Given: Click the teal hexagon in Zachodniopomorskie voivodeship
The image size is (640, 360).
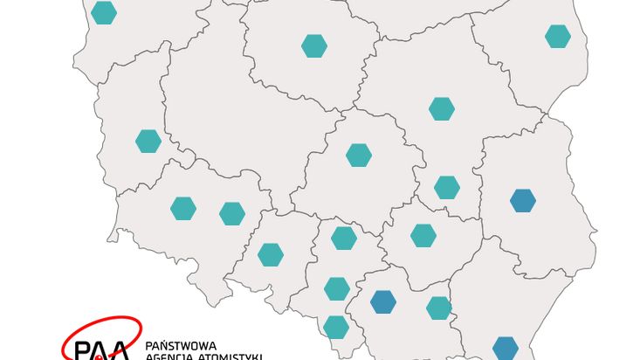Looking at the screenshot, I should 103,13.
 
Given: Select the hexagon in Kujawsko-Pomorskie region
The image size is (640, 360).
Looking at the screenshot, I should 314,45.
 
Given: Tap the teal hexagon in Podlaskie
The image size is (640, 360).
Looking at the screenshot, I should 557,37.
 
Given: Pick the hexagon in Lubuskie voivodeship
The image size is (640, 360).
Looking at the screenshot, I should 148,140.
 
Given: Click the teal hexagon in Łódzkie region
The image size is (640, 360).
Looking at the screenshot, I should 358,156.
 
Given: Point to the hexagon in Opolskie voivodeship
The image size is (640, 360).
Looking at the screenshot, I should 271,254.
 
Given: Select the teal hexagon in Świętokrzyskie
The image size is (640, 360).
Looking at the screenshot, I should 423,235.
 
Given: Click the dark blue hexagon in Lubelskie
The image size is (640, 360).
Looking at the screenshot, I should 522,201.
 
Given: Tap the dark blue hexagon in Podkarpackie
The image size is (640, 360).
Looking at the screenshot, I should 505,348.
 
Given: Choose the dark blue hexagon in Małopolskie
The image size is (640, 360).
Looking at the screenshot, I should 382,301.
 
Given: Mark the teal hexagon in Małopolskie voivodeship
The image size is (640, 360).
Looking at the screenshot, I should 438,308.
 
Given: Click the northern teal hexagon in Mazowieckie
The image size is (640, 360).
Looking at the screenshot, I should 442,108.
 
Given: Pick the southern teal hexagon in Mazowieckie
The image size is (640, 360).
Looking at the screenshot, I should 446,187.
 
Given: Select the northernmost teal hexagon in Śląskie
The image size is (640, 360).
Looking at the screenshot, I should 344,238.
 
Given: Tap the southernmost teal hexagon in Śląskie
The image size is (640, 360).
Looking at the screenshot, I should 336,327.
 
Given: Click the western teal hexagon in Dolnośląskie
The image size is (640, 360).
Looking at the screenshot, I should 183,208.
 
